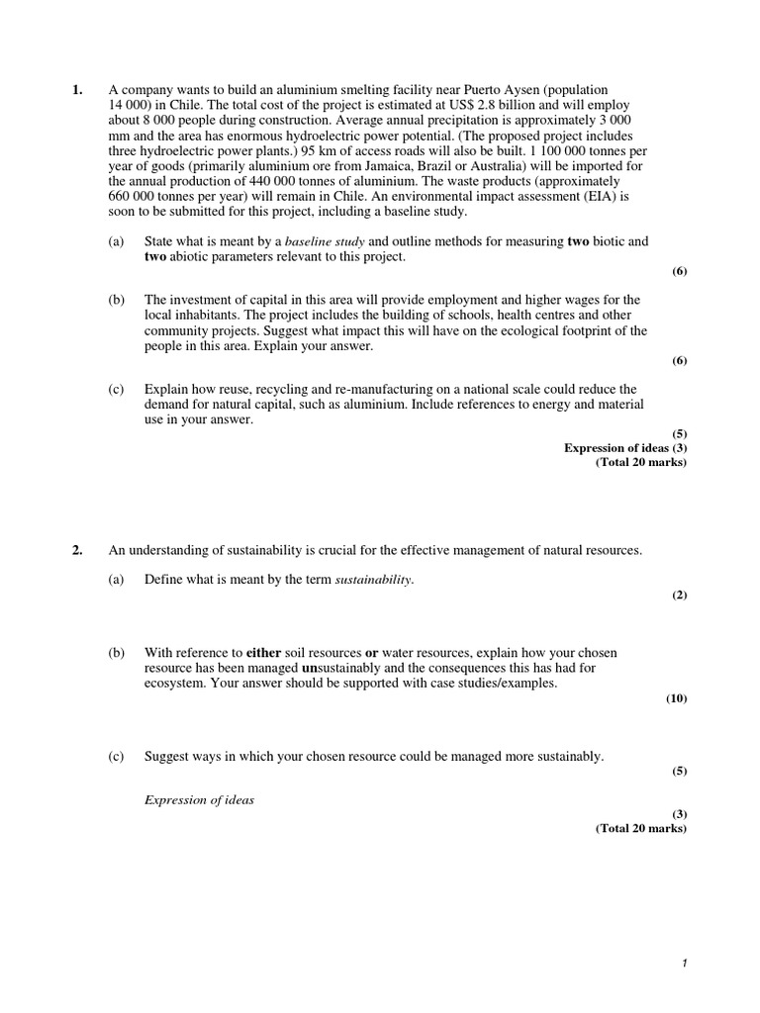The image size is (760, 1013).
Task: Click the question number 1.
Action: click(x=77, y=90)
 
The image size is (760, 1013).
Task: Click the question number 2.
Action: click(x=77, y=551)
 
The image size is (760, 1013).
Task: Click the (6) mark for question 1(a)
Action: click(x=679, y=272)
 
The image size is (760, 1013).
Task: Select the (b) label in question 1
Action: click(x=117, y=300)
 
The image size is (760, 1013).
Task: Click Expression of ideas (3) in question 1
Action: click(x=624, y=448)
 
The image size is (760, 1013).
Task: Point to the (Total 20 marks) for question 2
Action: click(x=640, y=829)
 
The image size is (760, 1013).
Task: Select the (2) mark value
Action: click(x=679, y=595)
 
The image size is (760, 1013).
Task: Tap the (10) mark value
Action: click(x=677, y=698)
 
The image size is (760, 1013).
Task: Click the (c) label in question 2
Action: click(x=117, y=757)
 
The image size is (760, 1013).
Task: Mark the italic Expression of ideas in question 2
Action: click(x=199, y=800)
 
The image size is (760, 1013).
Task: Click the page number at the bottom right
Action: click(x=684, y=977)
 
